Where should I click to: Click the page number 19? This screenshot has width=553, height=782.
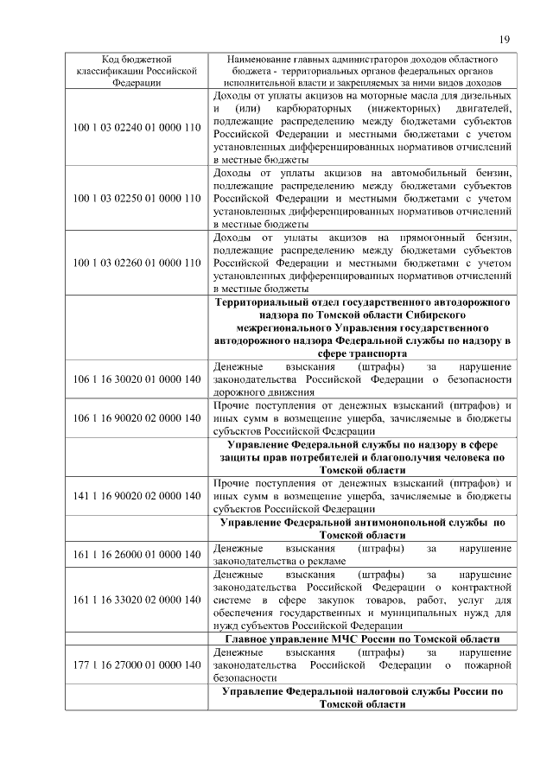click(505, 38)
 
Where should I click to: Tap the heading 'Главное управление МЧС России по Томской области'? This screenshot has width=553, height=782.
click(362, 639)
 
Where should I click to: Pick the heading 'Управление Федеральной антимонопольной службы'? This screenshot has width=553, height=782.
click(362, 529)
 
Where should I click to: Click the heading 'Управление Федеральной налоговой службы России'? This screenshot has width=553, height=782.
click(362, 697)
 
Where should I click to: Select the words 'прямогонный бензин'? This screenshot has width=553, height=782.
click(459, 238)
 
